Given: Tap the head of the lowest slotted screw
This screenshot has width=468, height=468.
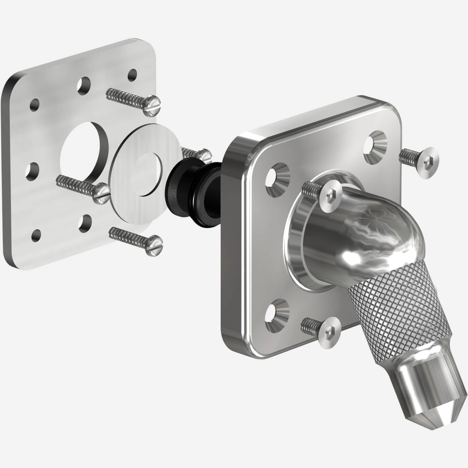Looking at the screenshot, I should (155, 243).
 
